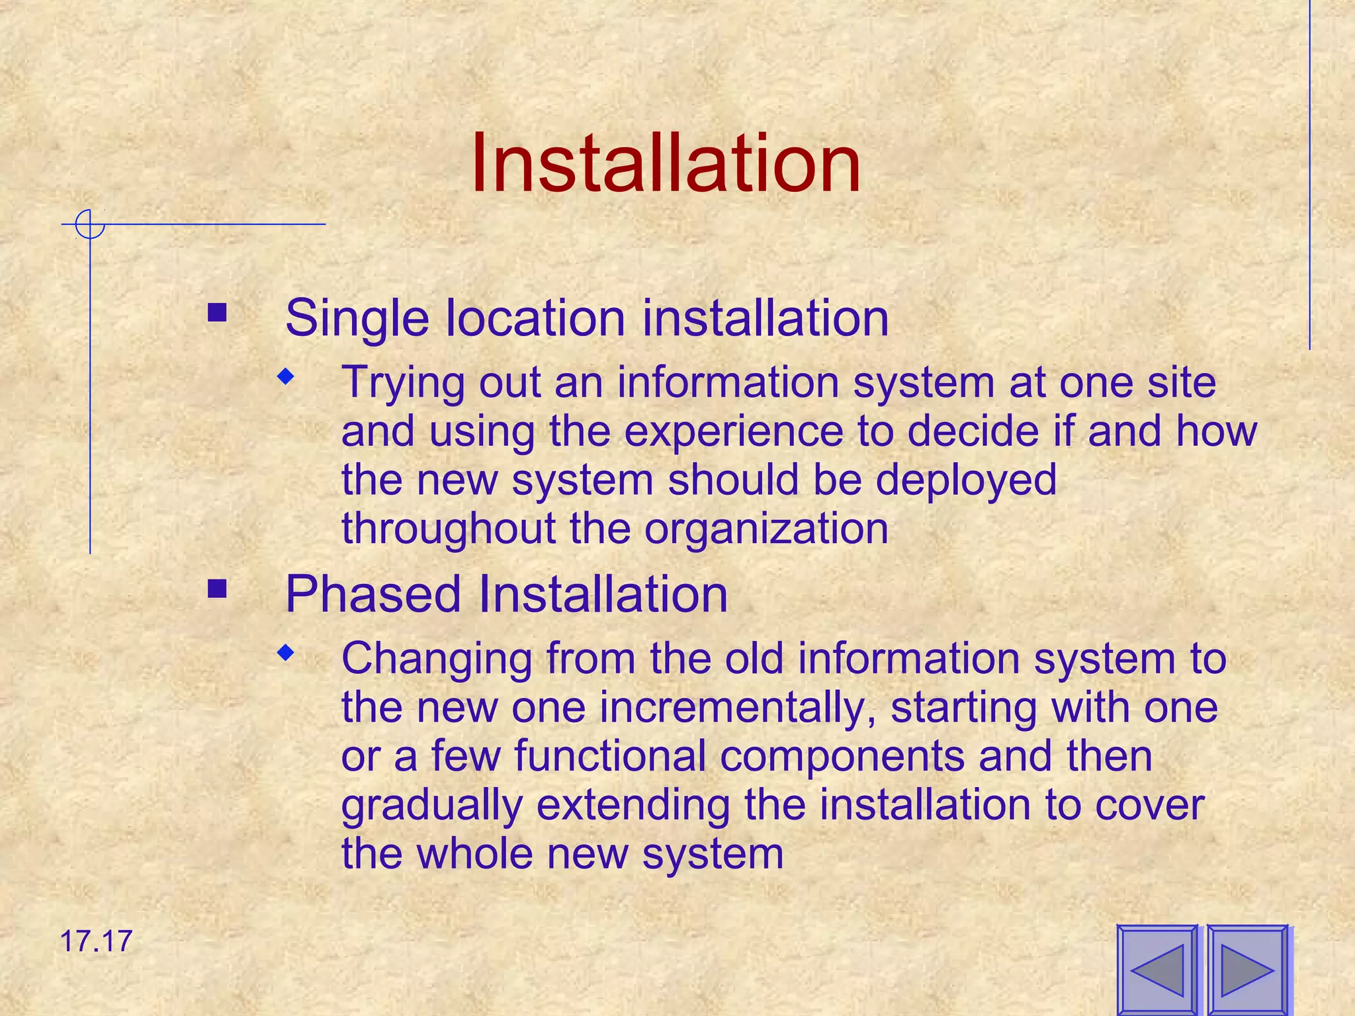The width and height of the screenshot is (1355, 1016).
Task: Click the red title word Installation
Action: click(x=666, y=164)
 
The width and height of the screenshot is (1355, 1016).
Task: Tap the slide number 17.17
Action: click(x=97, y=941)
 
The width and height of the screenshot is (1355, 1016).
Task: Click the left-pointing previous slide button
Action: click(x=1157, y=970)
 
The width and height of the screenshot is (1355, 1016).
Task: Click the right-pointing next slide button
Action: click(x=1247, y=970)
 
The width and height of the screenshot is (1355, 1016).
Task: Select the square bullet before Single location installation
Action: click(x=217, y=312)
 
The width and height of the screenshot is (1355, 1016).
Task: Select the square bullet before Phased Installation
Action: click(x=217, y=588)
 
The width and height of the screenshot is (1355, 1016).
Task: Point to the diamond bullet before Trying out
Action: click(x=285, y=378)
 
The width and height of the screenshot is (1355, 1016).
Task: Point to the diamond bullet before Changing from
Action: click(x=285, y=654)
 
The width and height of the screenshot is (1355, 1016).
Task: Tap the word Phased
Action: click(x=372, y=594)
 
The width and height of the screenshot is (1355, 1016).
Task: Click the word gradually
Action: click(x=432, y=805)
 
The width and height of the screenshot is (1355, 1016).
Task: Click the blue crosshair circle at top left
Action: click(x=89, y=224)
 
